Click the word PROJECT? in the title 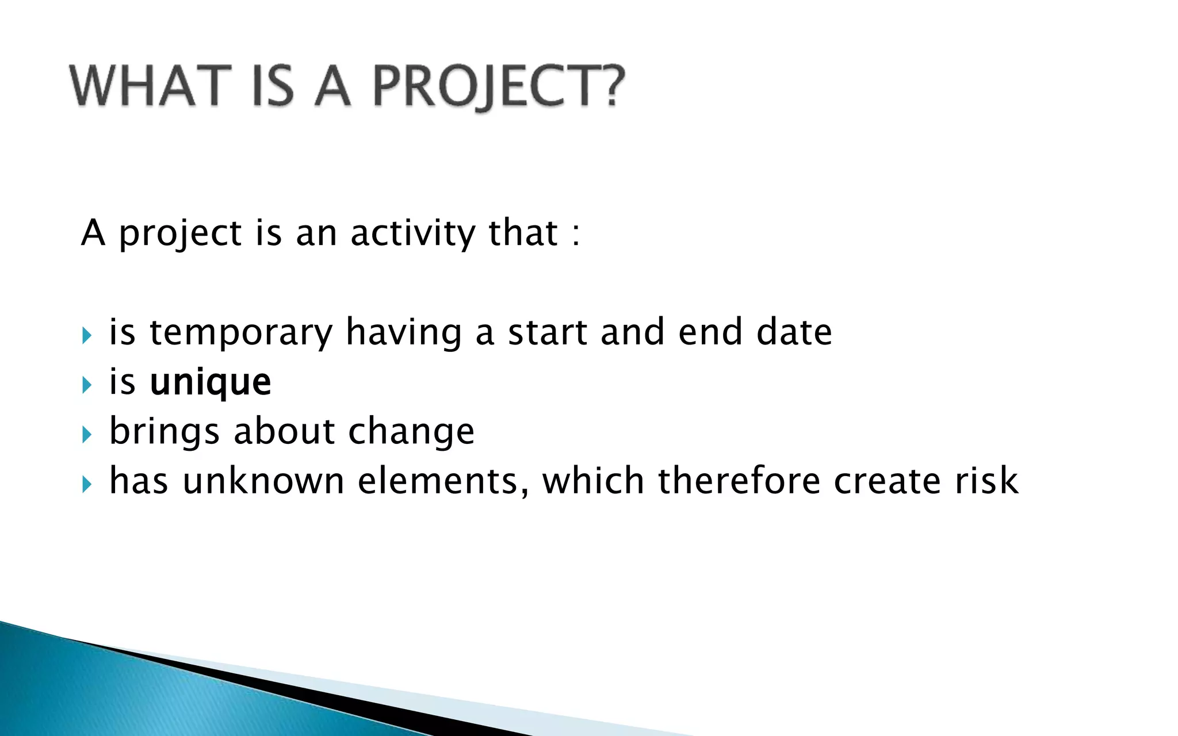(x=498, y=86)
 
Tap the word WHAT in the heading (x=151, y=86)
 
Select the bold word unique (x=210, y=382)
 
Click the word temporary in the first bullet (x=241, y=333)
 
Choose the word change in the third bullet (x=411, y=431)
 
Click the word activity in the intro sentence (x=413, y=233)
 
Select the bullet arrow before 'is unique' (x=87, y=384)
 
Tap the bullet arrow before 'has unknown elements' (x=87, y=484)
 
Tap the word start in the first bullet (x=547, y=332)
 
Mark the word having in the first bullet (x=404, y=333)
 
